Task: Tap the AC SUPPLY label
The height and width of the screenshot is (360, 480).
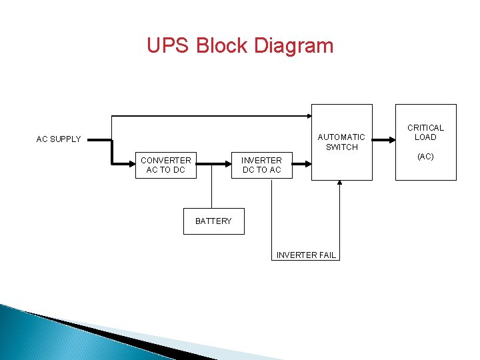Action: [59, 139]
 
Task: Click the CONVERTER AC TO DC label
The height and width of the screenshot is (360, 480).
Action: [165, 165]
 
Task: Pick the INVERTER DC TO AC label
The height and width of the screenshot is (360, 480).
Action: [261, 165]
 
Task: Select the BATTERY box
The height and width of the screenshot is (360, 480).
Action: [214, 221]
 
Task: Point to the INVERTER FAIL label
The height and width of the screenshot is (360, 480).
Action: [306, 255]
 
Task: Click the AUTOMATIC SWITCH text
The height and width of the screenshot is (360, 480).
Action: [341, 142]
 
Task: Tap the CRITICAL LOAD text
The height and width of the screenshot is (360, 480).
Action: [425, 133]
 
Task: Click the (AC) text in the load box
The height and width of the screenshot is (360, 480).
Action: [425, 157]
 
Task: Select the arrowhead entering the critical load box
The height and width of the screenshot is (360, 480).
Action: [391, 139]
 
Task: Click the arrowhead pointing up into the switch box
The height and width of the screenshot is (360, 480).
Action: [340, 184]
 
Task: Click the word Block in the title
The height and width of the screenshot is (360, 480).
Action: [223, 46]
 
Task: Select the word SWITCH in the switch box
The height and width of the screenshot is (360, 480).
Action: [341, 147]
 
